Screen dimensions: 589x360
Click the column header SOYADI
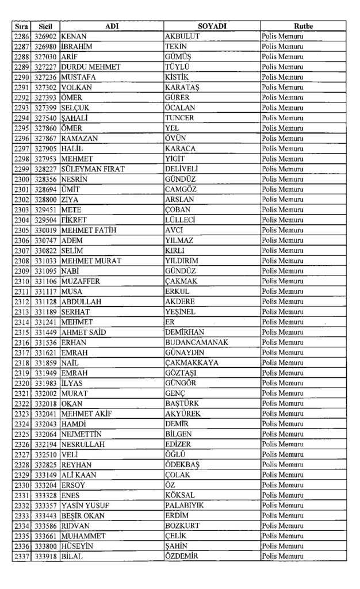[x=212, y=26]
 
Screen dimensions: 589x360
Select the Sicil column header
[x=45, y=26]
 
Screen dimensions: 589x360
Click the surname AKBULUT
[x=182, y=36]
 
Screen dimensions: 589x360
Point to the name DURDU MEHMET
[x=91, y=67]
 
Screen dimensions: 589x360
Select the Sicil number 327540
[x=45, y=118]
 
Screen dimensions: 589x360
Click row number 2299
[x=21, y=169]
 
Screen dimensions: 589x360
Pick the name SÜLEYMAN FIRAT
[x=93, y=169]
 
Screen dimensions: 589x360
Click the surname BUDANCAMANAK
[x=197, y=342]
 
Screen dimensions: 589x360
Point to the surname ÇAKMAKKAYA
[x=192, y=363]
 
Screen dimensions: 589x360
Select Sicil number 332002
[x=45, y=393]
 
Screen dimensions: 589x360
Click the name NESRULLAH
[x=84, y=445]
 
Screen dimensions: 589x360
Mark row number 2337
[x=21, y=556]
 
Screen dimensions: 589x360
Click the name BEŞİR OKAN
[x=83, y=516]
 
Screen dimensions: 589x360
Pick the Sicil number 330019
[x=45, y=230]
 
